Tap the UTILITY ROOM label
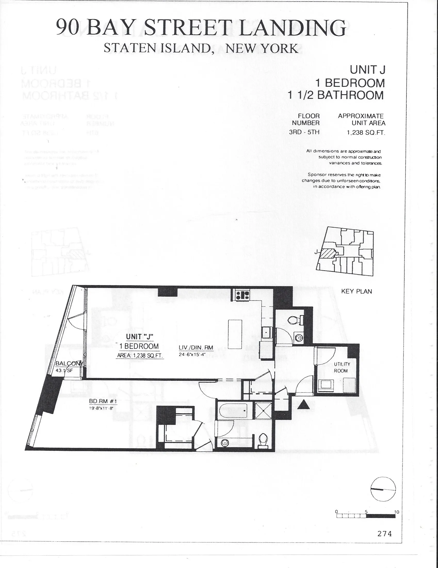[x=342, y=367]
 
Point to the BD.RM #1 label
[x=103, y=401]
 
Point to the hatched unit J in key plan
[x=328, y=253]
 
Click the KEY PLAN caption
[x=356, y=291]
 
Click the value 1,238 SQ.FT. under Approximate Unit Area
[x=366, y=133]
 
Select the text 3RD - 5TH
[x=304, y=132]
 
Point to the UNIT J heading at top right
[x=367, y=70]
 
